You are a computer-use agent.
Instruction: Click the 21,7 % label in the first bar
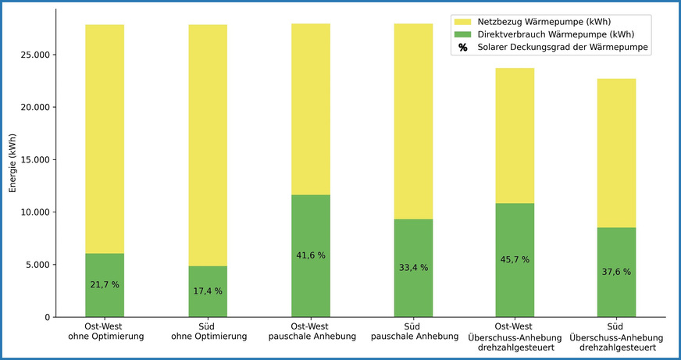[105, 285]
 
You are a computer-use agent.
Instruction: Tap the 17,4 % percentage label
[207, 291]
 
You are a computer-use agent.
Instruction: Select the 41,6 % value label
[310, 255]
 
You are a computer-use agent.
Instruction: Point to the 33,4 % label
[412, 268]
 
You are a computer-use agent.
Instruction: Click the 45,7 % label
[515, 259]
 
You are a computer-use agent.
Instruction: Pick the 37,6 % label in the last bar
[617, 272]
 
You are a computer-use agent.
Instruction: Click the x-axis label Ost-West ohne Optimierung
[105, 331]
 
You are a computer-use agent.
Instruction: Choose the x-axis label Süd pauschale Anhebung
[412, 331]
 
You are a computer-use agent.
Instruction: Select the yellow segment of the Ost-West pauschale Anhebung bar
[310, 109]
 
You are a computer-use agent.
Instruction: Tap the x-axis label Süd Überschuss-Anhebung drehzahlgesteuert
[617, 337]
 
